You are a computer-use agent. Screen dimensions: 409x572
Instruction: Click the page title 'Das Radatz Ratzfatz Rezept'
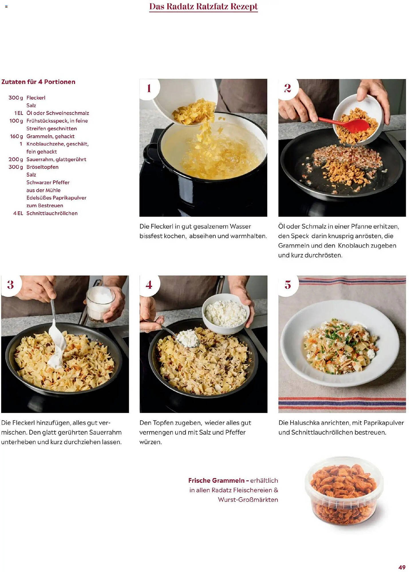(203, 6)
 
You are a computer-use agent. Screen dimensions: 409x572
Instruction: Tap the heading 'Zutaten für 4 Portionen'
(38, 82)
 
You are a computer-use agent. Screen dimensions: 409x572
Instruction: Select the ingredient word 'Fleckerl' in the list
(36, 98)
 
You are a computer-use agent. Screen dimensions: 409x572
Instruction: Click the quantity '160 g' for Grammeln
(17, 136)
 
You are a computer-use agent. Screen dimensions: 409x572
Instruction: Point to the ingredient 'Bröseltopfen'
(42, 167)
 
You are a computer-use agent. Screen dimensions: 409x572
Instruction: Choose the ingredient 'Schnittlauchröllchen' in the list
(52, 213)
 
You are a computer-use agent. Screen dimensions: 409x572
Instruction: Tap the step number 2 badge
(288, 88)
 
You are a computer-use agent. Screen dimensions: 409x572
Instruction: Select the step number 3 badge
(11, 285)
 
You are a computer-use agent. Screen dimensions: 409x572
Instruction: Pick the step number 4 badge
(149, 285)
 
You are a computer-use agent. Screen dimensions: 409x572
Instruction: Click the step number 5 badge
(288, 285)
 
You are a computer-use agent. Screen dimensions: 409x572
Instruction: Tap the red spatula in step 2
(345, 124)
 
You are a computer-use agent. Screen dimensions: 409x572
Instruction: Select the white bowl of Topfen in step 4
(226, 314)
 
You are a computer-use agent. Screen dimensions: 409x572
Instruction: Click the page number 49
(402, 567)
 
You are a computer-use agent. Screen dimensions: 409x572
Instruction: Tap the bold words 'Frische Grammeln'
(216, 480)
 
